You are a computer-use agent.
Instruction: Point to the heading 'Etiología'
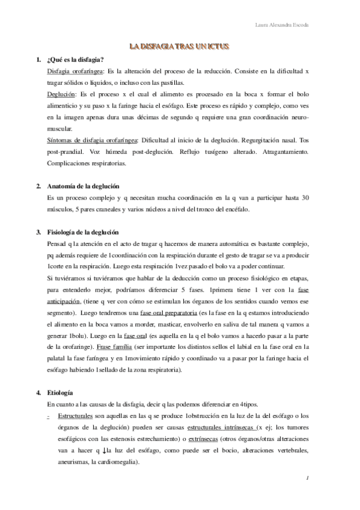click(x=61, y=376)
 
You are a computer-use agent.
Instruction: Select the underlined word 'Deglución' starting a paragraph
click(x=61, y=94)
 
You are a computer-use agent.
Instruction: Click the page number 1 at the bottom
click(x=307, y=478)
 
